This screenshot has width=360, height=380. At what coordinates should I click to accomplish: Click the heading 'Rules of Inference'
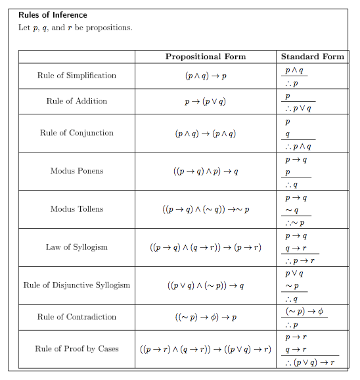[53, 15]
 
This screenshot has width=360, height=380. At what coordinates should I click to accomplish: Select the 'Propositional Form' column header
[206, 57]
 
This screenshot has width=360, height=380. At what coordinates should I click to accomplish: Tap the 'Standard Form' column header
[312, 57]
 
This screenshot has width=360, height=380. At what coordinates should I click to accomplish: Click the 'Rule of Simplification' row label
[77, 76]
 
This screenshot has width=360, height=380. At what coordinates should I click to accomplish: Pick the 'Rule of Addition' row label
[77, 101]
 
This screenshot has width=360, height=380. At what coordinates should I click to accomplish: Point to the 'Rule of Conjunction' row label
[77, 133]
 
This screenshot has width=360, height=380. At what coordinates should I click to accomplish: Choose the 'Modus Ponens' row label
[77, 171]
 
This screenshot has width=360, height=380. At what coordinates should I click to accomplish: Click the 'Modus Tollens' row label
[77, 209]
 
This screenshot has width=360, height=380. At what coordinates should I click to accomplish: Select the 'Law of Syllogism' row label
[77, 247]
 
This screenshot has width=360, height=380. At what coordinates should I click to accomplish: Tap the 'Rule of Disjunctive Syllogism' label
[77, 285]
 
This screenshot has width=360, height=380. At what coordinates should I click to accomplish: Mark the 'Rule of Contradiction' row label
[77, 317]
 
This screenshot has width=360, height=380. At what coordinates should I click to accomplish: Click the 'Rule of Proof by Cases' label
[77, 348]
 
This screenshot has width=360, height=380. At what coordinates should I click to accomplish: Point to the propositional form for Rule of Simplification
[206, 76]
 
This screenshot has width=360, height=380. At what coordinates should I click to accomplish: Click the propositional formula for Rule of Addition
[206, 101]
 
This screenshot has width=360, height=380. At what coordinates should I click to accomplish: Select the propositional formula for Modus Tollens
[206, 209]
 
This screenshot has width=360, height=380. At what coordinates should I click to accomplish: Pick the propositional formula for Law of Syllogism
[206, 247]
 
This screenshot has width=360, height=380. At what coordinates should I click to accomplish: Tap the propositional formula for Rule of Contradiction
[206, 317]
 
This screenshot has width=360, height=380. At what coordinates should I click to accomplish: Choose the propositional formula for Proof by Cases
[206, 348]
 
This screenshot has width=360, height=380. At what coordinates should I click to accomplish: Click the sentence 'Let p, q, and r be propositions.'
[76, 28]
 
